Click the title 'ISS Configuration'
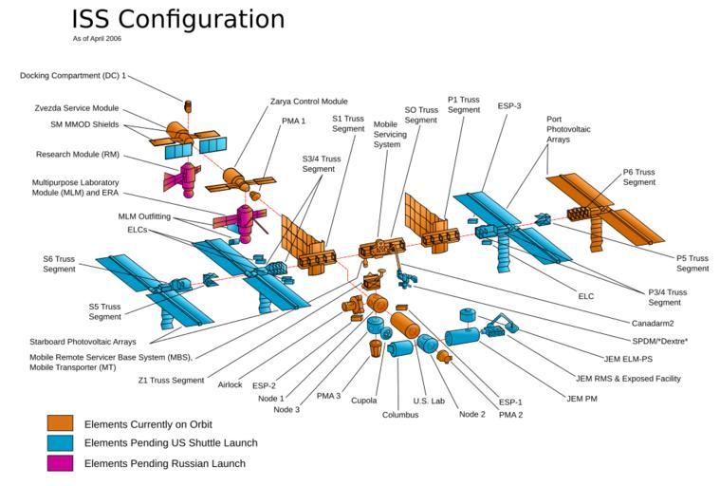[178, 19]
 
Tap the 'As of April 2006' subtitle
[97, 39]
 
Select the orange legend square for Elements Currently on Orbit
[61, 422]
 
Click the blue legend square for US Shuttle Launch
[61, 442]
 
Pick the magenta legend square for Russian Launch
[61, 463]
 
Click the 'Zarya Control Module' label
[307, 101]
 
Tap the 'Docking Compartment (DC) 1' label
[72, 75]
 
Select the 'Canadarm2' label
[654, 323]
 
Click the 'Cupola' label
[364, 401]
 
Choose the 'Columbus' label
[400, 415]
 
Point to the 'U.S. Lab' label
[429, 401]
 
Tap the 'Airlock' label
[231, 384]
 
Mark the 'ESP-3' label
[509, 105]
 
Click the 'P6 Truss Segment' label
[638, 177]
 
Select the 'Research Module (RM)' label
[78, 154]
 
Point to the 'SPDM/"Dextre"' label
[660, 340]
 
